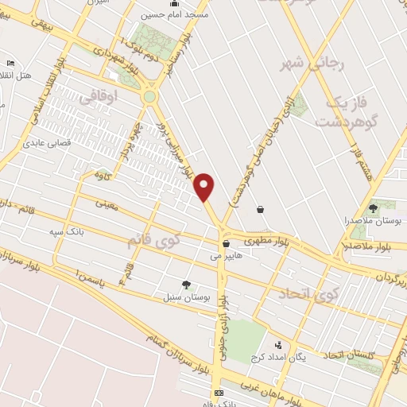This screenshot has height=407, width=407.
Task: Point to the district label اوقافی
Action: pyautogui.click(x=99, y=97)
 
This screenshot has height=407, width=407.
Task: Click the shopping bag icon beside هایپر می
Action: pyautogui.click(x=226, y=245)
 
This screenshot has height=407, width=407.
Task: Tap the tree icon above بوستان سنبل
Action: pyautogui.click(x=186, y=285)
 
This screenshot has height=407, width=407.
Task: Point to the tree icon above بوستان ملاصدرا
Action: pyautogui.click(x=373, y=207)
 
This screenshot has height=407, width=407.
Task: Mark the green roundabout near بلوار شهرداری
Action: pyautogui.click(x=149, y=97)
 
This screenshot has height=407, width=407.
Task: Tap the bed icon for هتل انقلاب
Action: pyautogui.click(x=10, y=63)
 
